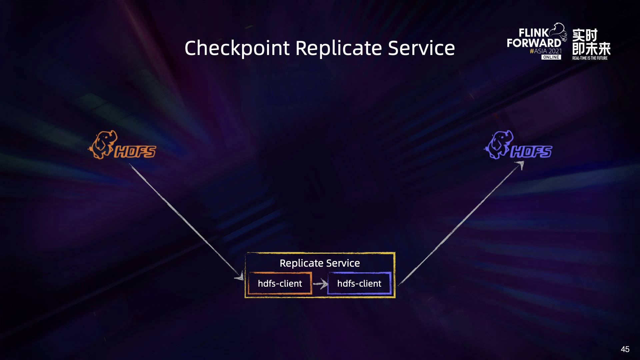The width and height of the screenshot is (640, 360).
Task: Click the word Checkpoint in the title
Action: point(237,48)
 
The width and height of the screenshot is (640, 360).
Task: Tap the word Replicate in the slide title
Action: point(338,48)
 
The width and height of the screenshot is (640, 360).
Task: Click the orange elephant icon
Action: point(103,145)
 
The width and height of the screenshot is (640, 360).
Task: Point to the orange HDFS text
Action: point(135,152)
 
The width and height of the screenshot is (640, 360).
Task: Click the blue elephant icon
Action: point(499,145)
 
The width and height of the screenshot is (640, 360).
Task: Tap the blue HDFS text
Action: point(531,152)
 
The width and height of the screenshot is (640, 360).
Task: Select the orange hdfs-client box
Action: point(280,283)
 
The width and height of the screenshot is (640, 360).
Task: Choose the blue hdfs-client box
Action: point(359,283)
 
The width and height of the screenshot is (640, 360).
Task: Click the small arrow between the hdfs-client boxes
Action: point(320,284)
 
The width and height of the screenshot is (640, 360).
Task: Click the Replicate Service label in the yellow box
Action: point(320,263)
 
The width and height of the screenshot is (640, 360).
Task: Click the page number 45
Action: point(625,349)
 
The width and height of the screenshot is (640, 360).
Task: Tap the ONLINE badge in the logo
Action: point(551,57)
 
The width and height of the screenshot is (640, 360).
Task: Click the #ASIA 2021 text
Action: point(546,51)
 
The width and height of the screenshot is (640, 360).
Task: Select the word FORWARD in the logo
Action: point(534,43)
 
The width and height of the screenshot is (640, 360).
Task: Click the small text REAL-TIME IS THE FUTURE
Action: point(590,58)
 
